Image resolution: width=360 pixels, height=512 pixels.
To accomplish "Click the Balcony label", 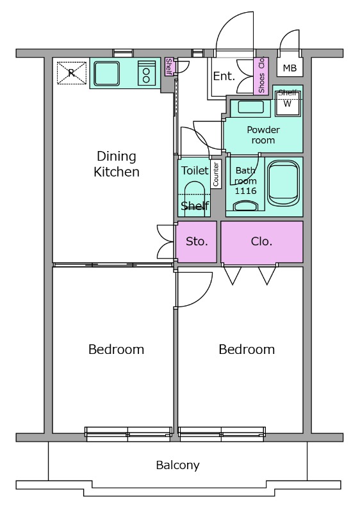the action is click(x=177, y=465).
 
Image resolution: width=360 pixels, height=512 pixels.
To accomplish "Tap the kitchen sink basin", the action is click(x=106, y=74).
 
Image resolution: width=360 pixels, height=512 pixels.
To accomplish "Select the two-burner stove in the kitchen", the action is click(x=146, y=73).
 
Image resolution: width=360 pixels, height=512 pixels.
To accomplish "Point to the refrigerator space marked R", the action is click(x=72, y=73).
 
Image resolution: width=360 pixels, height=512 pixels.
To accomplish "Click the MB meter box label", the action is click(x=290, y=68).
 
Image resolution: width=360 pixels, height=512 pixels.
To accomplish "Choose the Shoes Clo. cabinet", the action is click(x=261, y=76).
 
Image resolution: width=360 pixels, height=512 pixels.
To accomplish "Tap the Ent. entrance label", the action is click(x=224, y=76).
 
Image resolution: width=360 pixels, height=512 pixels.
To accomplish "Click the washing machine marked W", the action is click(x=288, y=103).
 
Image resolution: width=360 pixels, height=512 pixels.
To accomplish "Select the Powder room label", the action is click(x=263, y=135).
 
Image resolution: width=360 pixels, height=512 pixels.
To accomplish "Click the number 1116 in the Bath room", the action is click(x=246, y=191).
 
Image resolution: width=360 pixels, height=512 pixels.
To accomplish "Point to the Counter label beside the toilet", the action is click(x=216, y=174).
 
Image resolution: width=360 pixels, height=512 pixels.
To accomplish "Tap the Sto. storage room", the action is click(x=197, y=242).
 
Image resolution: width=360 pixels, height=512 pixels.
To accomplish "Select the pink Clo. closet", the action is click(x=262, y=242).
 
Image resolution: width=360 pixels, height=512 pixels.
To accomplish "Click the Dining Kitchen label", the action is click(x=117, y=164).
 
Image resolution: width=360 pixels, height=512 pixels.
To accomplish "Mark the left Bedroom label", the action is click(x=117, y=349).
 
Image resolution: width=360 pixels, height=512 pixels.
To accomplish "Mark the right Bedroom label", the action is click(x=247, y=349).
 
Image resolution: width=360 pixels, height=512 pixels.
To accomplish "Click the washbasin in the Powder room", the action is click(x=250, y=108).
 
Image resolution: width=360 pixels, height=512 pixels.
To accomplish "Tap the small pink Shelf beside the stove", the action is click(x=169, y=66).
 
